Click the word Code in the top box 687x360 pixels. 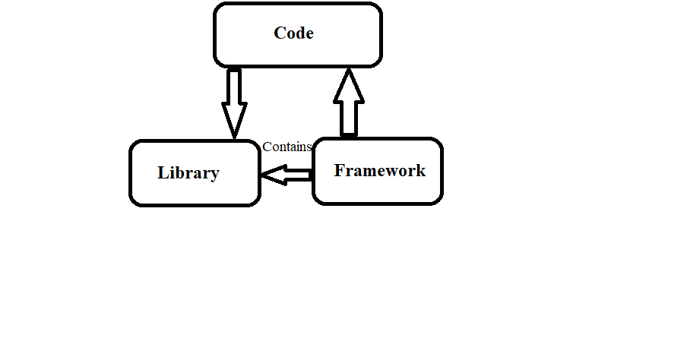[293, 33]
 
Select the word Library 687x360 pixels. [188, 173]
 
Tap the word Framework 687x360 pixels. [379, 170]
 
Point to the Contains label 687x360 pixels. [287, 147]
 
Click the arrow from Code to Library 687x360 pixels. [234, 103]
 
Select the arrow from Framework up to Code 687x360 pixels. [349, 103]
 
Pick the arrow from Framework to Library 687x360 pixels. [287, 175]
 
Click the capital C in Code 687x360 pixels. [280, 33]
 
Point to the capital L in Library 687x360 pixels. [163, 173]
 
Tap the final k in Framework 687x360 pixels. [420, 170]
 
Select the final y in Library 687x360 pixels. [214, 175]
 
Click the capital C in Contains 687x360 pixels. [267, 147]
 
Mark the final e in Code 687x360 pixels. [309, 34]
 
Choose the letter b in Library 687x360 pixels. [179, 173]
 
